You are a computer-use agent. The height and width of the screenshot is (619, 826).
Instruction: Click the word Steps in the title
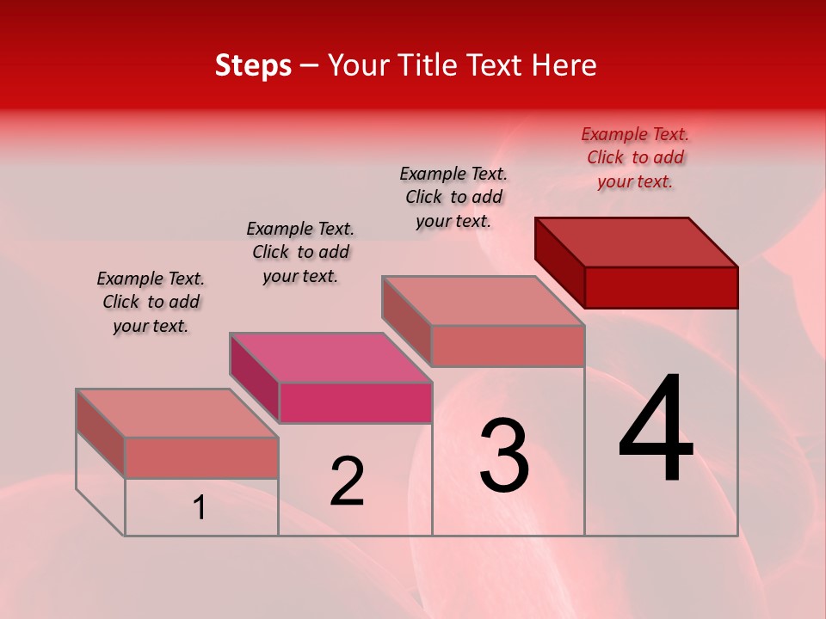(253, 65)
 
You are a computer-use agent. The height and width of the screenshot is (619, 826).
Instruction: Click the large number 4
(656, 430)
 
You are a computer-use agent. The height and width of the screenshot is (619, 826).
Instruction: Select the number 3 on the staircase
(503, 456)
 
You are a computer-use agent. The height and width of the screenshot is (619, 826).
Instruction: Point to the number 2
(347, 481)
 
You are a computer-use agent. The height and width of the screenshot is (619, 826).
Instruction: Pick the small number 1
(199, 508)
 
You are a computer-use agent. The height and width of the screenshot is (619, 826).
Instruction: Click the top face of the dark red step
(637, 242)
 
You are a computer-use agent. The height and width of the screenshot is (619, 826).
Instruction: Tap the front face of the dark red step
(661, 287)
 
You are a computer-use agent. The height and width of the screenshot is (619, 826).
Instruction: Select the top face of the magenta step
(330, 357)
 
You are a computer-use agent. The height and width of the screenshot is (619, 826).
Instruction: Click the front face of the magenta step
(355, 402)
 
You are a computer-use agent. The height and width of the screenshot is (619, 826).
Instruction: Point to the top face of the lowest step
(177, 413)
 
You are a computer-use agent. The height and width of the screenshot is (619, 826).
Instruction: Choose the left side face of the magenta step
(255, 377)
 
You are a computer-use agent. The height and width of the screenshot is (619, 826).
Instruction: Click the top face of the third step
(484, 300)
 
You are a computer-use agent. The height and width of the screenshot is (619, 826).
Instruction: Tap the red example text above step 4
(635, 157)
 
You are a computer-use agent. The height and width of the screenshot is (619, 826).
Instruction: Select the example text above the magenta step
(300, 252)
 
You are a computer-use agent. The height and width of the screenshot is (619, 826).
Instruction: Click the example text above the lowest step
(151, 302)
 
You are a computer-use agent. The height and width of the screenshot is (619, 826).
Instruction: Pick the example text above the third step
(453, 197)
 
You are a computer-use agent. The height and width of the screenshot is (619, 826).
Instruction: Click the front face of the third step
(508, 346)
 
